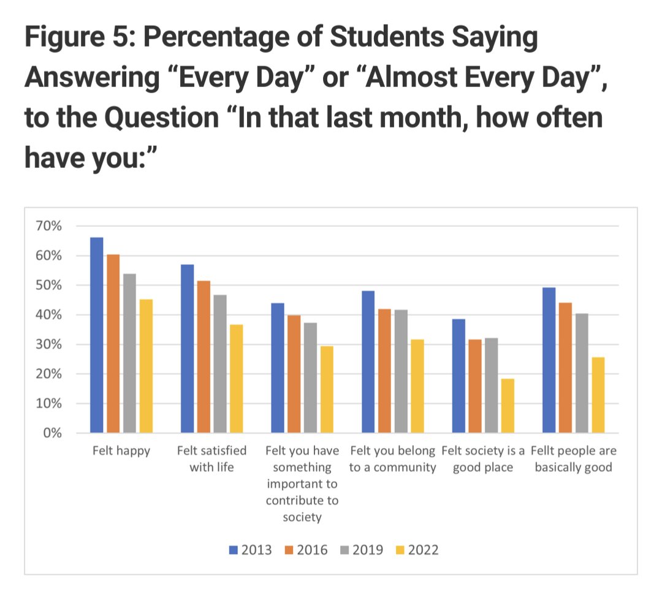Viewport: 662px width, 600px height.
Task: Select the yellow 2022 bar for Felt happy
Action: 145,366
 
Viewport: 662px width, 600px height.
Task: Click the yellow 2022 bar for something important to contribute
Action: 327,390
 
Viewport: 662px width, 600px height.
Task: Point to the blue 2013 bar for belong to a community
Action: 368,362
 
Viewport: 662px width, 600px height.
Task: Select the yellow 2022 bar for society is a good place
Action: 508,406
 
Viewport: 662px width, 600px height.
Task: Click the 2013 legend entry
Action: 250,550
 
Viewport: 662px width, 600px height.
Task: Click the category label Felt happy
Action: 121,452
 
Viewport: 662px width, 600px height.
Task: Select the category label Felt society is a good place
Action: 483,459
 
